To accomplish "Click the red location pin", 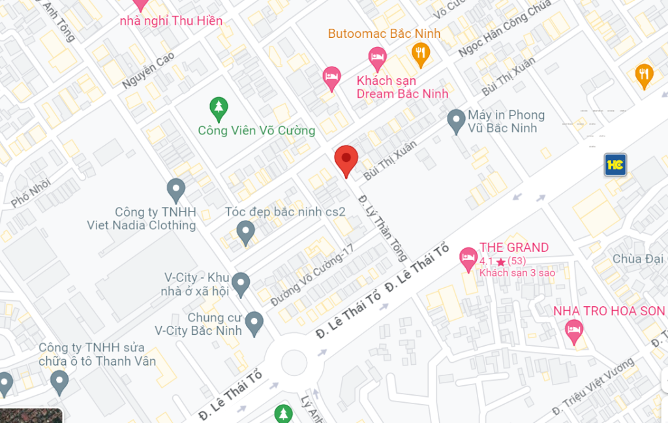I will coord(346,159).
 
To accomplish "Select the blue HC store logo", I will coord(615,164).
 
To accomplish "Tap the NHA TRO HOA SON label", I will coord(609,311).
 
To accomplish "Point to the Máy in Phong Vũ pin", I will coord(456,120).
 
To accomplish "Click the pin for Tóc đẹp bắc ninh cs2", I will coord(245,232).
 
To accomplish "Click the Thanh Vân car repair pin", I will coord(59,381).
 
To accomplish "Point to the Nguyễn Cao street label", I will coord(148,71).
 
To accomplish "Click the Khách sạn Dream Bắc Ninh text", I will coord(402,87).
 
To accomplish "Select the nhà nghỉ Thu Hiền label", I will coord(171,20).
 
